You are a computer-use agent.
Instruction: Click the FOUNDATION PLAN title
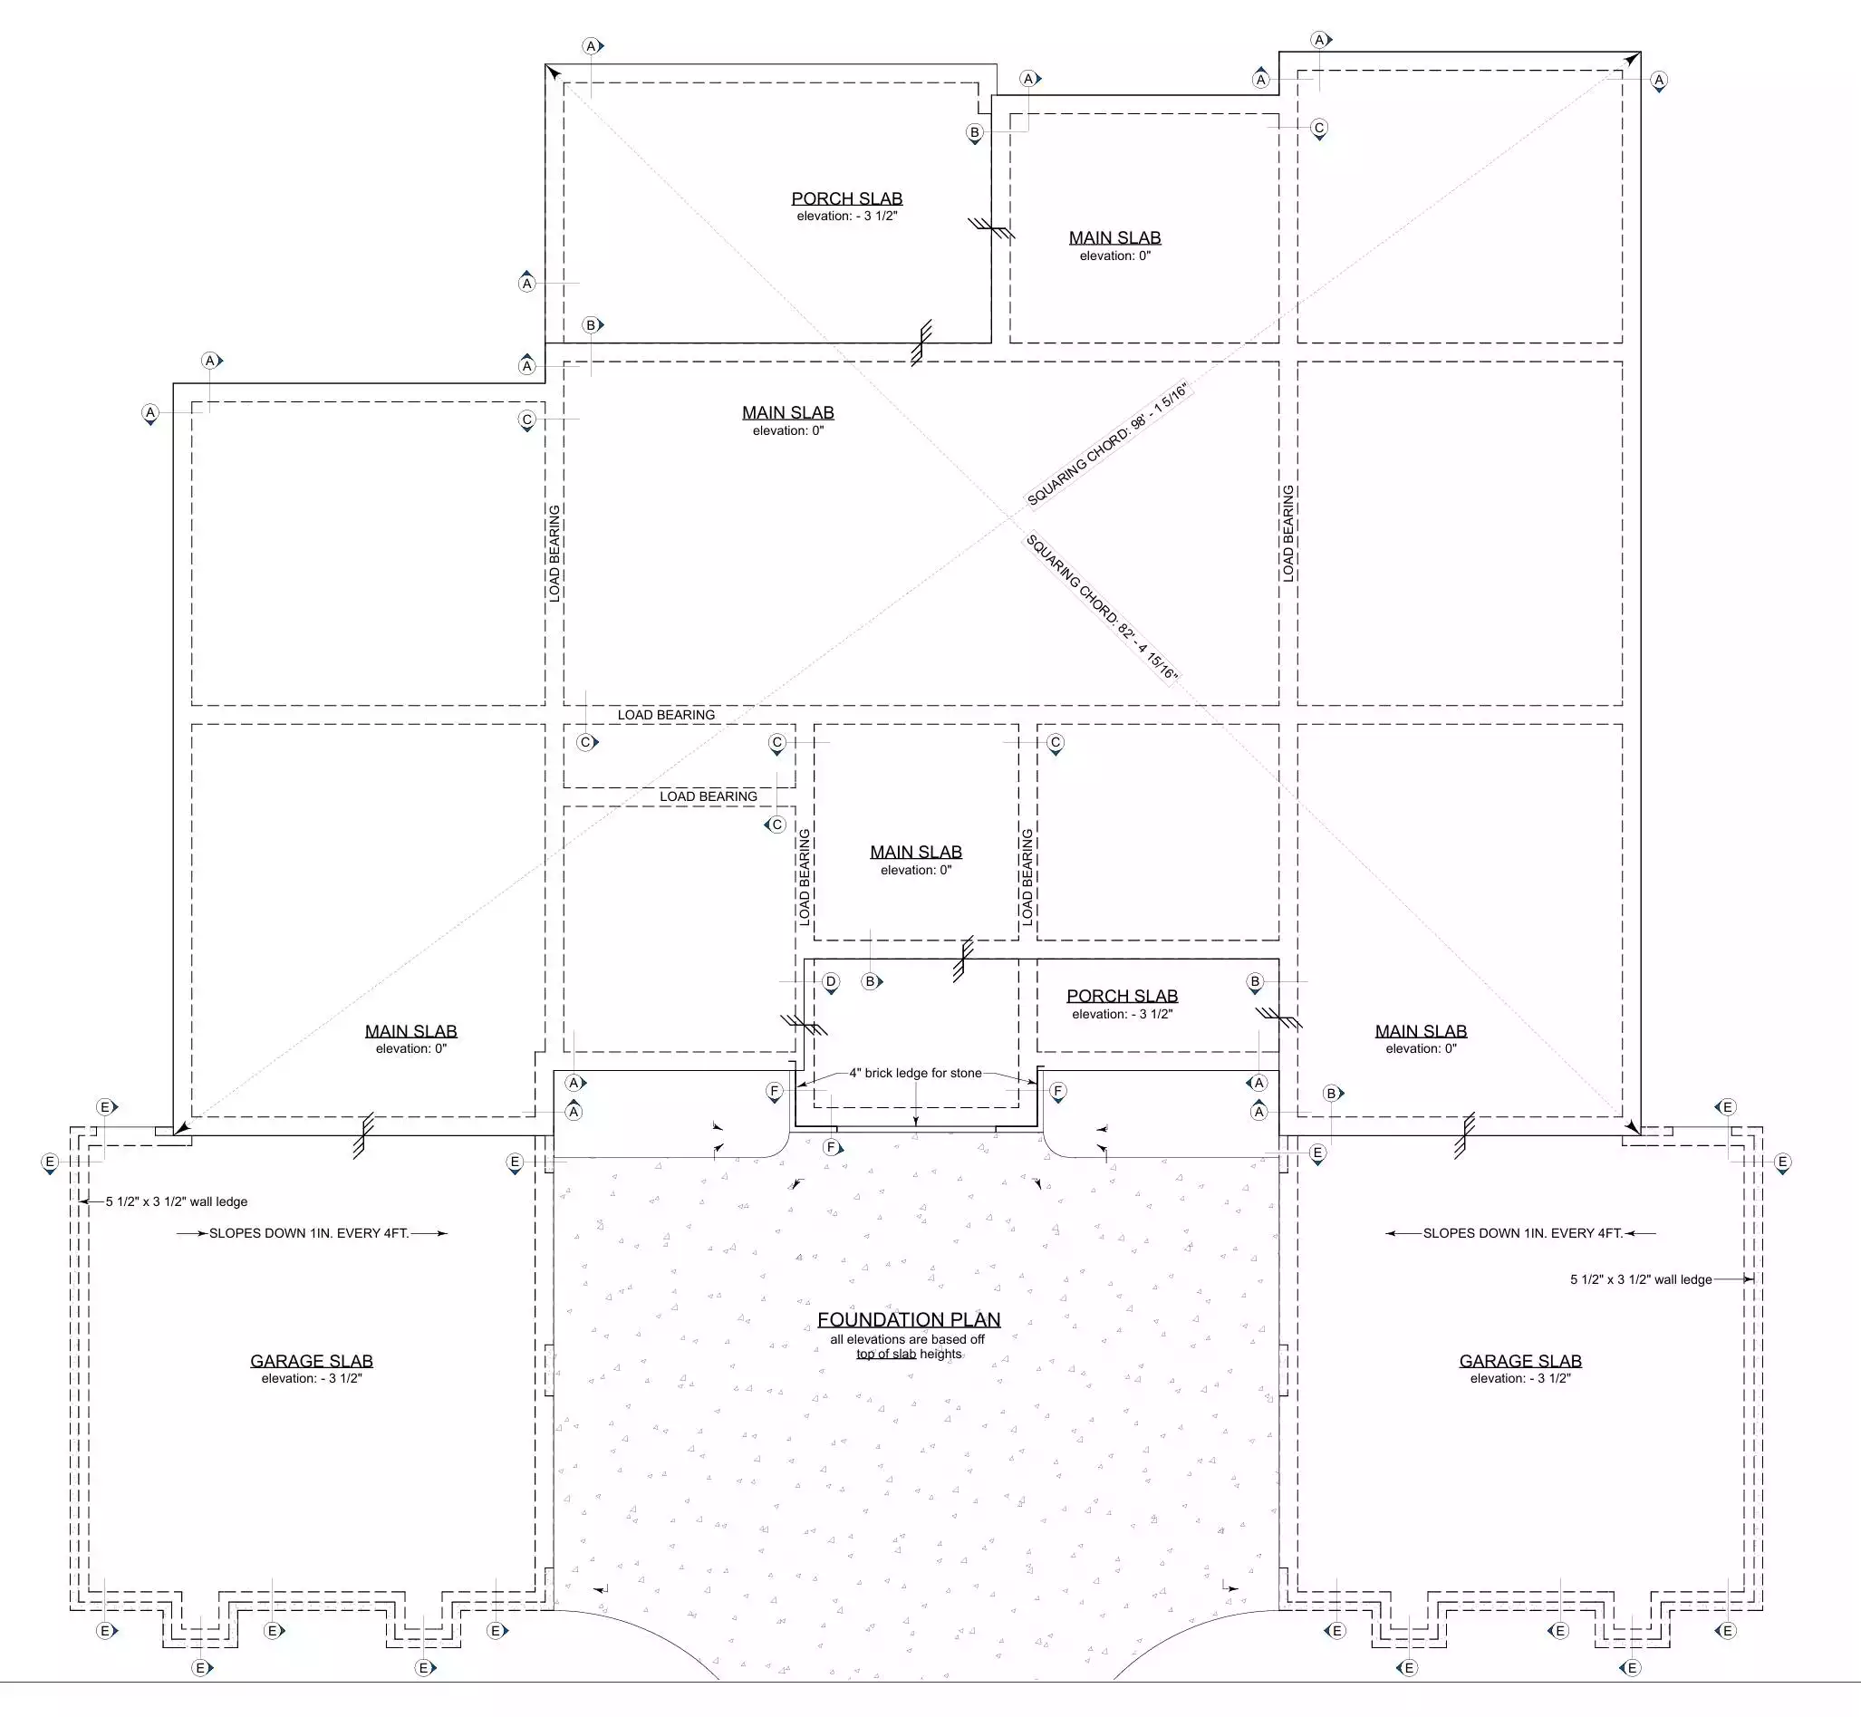[x=909, y=1319]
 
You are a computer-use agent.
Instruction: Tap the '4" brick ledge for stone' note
[x=915, y=1073]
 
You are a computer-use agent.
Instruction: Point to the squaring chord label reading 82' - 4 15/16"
[x=1102, y=607]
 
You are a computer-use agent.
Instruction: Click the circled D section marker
[x=831, y=982]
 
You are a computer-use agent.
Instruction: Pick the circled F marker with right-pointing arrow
[x=833, y=1147]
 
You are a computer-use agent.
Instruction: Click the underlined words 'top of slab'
[x=886, y=1354]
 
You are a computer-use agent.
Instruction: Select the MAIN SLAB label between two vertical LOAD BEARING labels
[x=916, y=852]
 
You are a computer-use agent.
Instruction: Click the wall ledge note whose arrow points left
[x=177, y=1201]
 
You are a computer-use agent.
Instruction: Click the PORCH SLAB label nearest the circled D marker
[x=1123, y=996]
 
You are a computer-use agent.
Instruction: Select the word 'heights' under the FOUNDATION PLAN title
[x=941, y=1354]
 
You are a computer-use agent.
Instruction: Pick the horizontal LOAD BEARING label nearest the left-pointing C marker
[x=709, y=796]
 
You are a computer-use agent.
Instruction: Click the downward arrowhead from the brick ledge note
[x=916, y=1123]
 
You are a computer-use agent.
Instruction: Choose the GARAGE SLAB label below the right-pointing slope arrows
[x=312, y=1361]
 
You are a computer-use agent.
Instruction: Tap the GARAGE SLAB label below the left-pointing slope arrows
[x=1520, y=1361]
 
